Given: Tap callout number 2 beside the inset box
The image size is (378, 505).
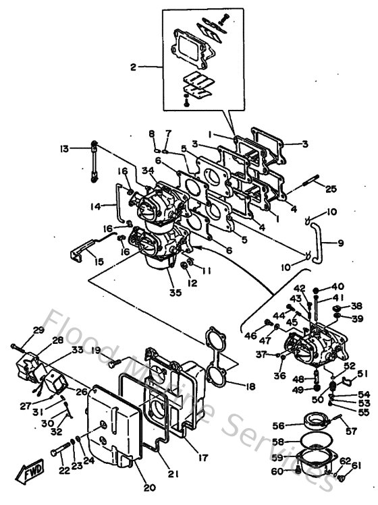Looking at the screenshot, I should (x=134, y=67).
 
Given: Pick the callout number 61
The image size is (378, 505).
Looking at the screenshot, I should (x=357, y=465).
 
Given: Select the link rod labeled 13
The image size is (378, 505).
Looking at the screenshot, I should (x=93, y=162).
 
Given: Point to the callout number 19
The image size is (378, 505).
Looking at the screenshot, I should (x=96, y=350).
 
